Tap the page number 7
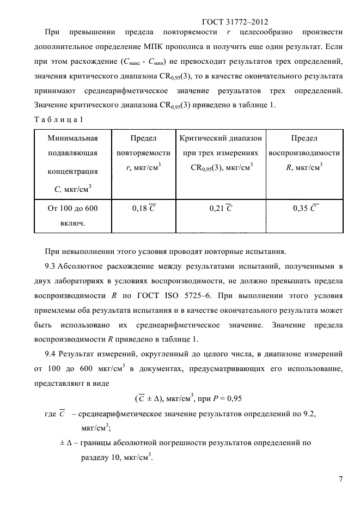pos(340,479)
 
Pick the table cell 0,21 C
pos(221,208)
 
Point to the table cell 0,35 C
pos(305,208)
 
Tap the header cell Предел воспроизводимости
pos(305,153)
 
